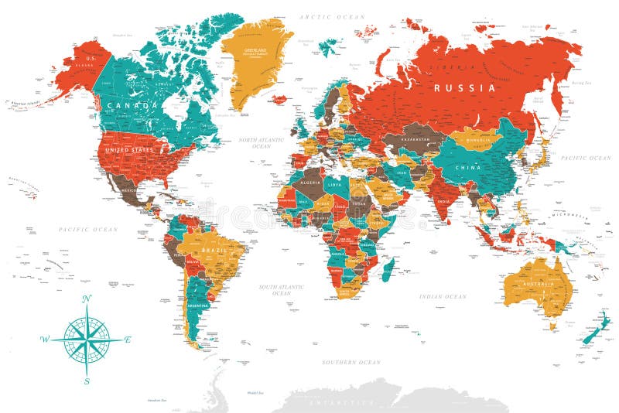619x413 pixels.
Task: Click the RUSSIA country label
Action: coord(464,88)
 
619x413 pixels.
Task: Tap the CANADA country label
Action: coord(133,104)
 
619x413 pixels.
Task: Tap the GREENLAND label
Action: coord(255,50)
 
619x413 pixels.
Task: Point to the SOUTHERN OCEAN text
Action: coord(351,362)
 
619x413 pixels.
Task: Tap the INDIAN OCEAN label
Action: coord(443,296)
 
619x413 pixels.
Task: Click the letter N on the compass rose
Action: coord(87,299)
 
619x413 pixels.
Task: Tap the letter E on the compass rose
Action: coord(128,340)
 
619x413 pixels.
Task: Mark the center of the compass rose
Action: coord(87,340)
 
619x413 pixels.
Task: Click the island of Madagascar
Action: coord(388,270)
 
